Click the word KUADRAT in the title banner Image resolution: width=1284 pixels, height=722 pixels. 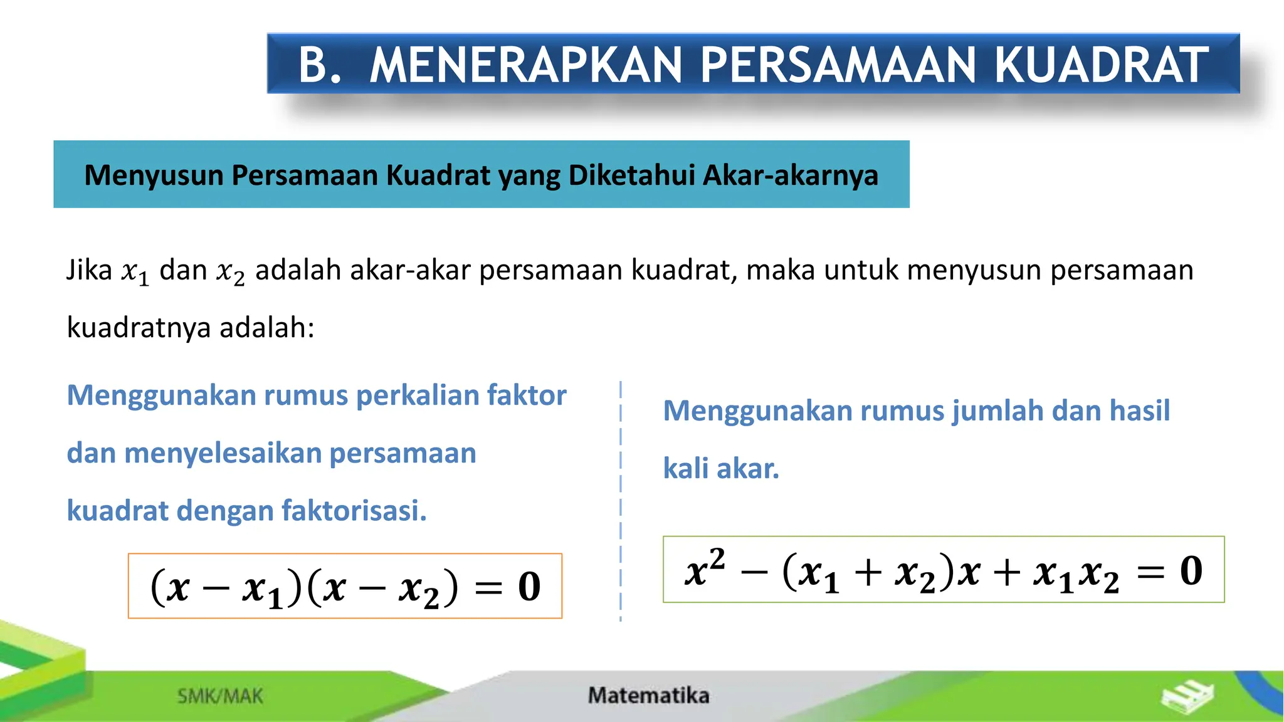pos(1101,65)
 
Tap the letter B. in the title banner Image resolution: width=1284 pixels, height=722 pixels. pos(320,65)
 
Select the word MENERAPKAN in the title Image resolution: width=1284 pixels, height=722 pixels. pos(525,65)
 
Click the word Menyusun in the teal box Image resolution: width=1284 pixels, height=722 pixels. pos(154,175)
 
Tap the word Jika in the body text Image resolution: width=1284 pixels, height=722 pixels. pos(89,271)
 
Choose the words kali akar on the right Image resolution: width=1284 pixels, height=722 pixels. pos(721,469)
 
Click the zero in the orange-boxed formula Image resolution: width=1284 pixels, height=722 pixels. pos(530,587)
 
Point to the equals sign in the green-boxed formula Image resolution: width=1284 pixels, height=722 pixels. pos(1150,572)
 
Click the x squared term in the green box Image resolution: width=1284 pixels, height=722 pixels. pos(704,569)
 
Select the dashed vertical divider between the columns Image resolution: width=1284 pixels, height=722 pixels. pos(621,501)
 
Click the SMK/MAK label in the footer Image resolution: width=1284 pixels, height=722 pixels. pos(220,696)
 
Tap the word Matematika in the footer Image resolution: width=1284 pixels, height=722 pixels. pos(648,696)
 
